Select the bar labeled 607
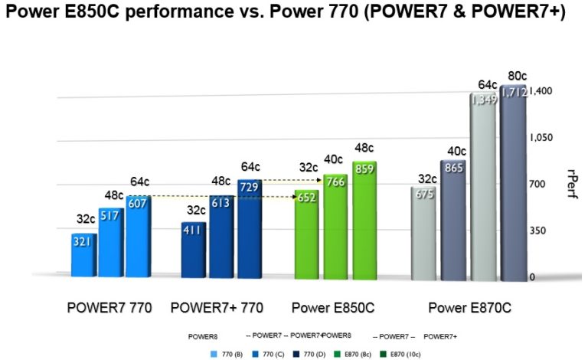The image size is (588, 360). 139,237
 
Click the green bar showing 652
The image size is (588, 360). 307,233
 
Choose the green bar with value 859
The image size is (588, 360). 364,218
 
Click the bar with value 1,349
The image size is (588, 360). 483,185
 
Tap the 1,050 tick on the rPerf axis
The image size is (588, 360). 546,137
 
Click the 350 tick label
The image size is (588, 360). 541,231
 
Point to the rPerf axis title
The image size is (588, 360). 573,184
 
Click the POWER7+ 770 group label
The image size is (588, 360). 217,308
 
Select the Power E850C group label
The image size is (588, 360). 333,308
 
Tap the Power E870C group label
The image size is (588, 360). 469,308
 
